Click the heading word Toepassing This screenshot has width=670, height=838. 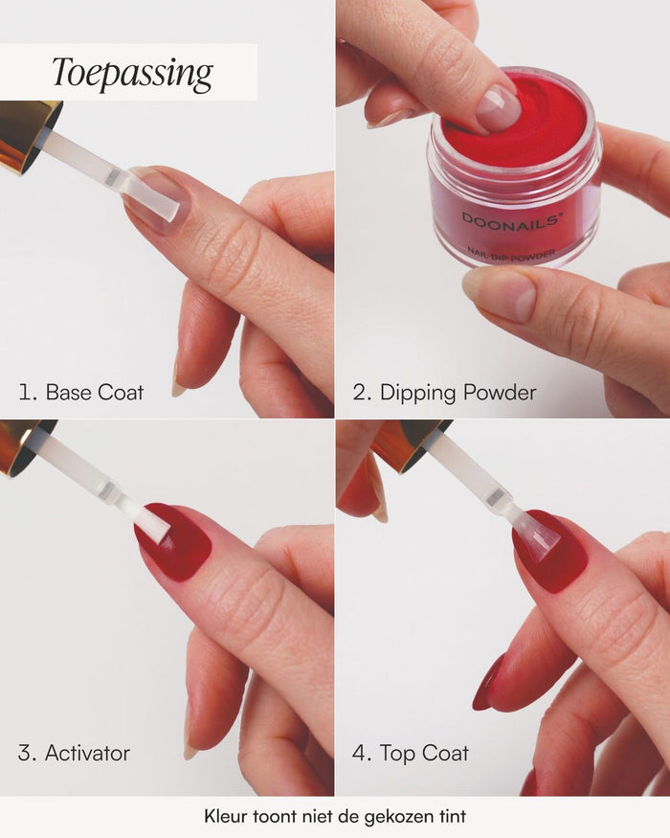pyautogui.click(x=132, y=73)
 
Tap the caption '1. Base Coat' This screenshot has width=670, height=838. pyautogui.click(x=80, y=393)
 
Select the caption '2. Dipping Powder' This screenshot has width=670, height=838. pyautogui.click(x=444, y=394)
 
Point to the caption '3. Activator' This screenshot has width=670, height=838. pyautogui.click(x=74, y=753)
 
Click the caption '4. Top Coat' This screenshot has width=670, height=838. pyautogui.click(x=411, y=754)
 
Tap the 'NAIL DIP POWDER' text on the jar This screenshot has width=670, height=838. pyautogui.click(x=512, y=255)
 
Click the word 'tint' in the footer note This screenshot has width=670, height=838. pyautogui.click(x=453, y=816)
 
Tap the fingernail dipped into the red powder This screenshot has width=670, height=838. pyautogui.click(x=500, y=108)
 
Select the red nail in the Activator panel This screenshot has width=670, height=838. pyautogui.click(x=175, y=540)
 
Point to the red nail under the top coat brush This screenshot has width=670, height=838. pyautogui.click(x=550, y=550)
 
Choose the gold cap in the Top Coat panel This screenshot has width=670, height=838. pyautogui.click(x=409, y=443)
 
